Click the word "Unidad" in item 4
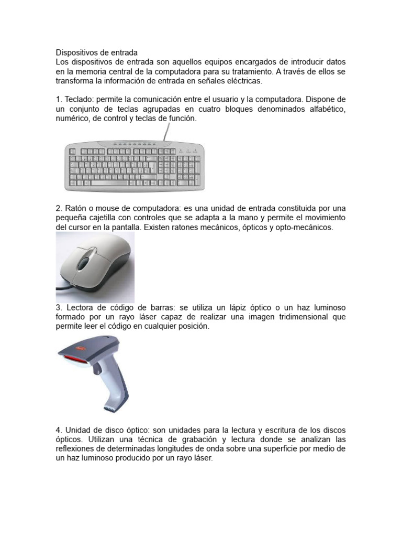pyautogui.click(x=80, y=430)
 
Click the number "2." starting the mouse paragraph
pyautogui.click(x=59, y=208)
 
